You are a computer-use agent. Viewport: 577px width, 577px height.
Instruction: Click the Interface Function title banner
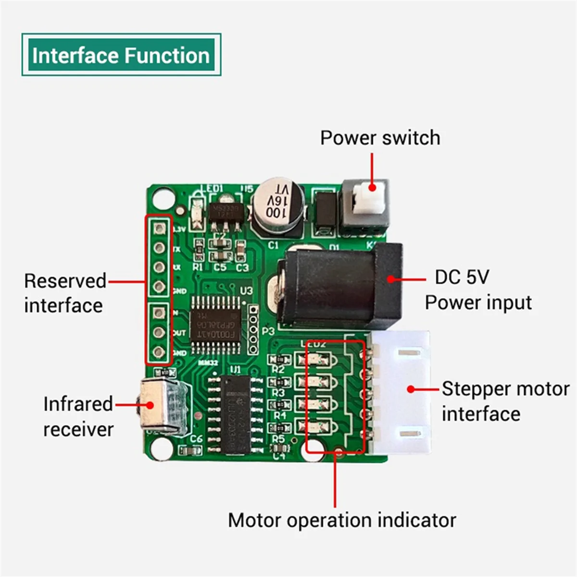121,55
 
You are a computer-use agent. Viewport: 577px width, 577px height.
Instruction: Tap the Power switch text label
380,138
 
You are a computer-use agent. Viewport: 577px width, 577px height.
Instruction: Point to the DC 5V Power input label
478,290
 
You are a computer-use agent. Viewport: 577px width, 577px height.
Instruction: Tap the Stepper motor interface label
505,401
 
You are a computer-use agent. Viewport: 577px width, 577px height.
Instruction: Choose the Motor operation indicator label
342,520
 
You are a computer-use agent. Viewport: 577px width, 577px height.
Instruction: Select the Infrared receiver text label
78,416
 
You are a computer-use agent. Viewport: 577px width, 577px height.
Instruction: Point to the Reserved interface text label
65,293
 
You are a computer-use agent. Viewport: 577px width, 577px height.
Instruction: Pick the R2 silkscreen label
278,370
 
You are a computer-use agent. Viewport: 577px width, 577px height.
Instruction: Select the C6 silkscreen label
196,439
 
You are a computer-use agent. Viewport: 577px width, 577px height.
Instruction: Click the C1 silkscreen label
273,245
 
